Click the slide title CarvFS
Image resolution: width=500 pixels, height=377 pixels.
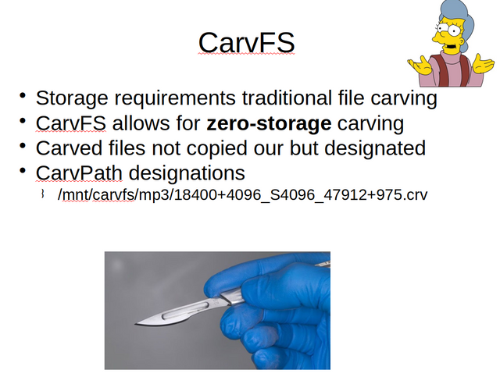click(x=247, y=43)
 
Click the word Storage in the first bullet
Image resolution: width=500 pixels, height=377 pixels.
click(x=72, y=98)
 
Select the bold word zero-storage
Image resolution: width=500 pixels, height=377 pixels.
click(x=269, y=123)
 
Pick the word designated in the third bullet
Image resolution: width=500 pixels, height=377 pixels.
click(x=375, y=148)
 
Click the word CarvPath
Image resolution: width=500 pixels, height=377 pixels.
click(x=79, y=173)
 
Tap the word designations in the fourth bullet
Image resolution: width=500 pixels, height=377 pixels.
click(x=187, y=174)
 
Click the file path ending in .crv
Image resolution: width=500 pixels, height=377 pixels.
click(x=242, y=194)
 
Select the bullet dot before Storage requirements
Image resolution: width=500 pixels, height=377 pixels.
click(x=23, y=95)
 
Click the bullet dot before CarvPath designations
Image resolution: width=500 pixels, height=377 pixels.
click(x=23, y=170)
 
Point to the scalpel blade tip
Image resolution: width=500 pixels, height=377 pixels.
click(x=135, y=324)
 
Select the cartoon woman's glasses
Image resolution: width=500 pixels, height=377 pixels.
click(x=448, y=30)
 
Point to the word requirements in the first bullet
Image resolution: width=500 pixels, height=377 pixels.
click(x=175, y=98)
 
